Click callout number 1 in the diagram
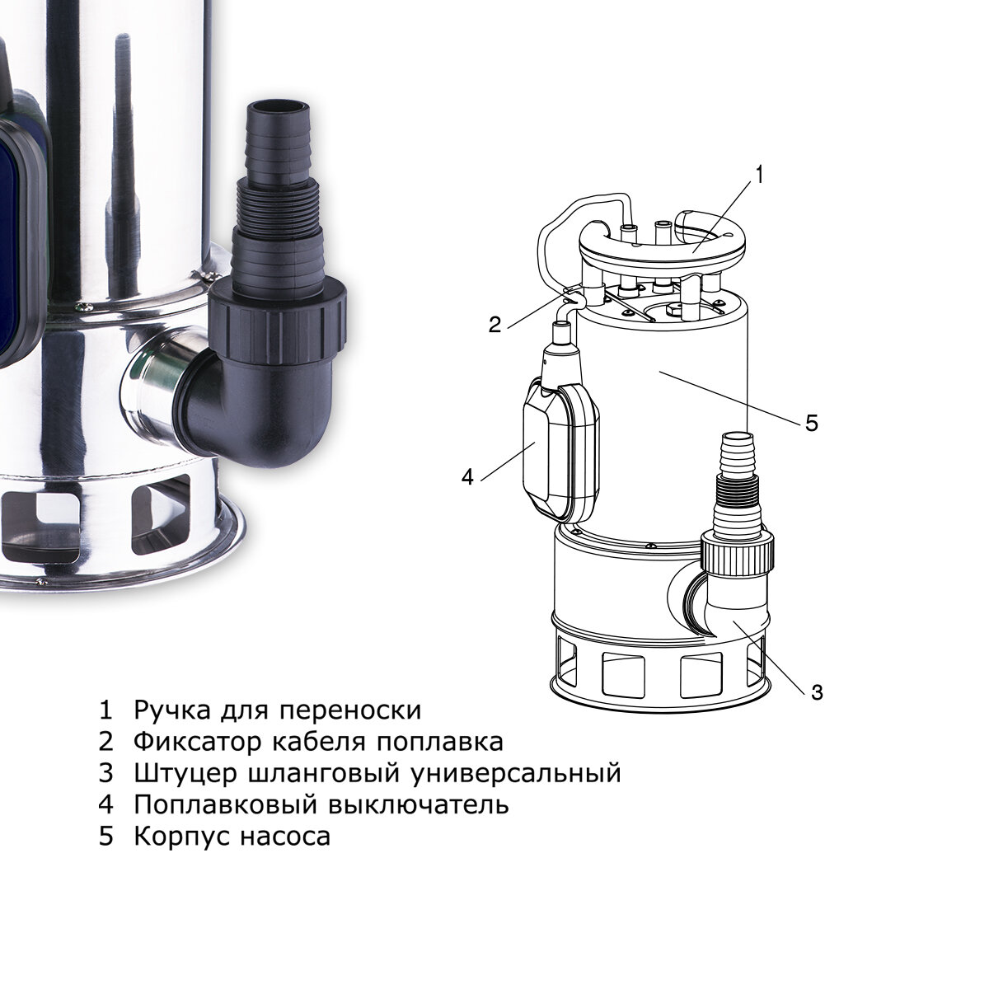point(759,175)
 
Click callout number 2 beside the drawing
point(494,325)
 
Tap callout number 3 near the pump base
point(817,692)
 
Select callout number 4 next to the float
point(467,477)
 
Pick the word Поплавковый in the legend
point(225,804)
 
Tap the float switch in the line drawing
point(561,448)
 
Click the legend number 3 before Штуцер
point(105,773)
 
